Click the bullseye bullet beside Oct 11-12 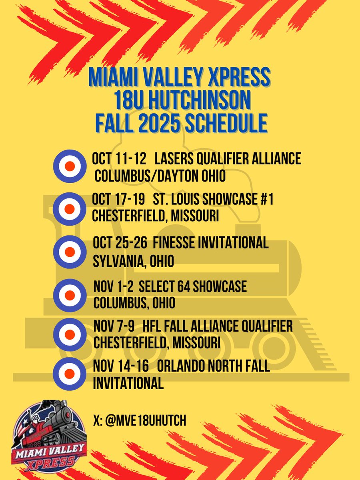(x=70, y=166)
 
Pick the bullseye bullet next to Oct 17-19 (x=70, y=208)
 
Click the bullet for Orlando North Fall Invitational (x=70, y=375)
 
